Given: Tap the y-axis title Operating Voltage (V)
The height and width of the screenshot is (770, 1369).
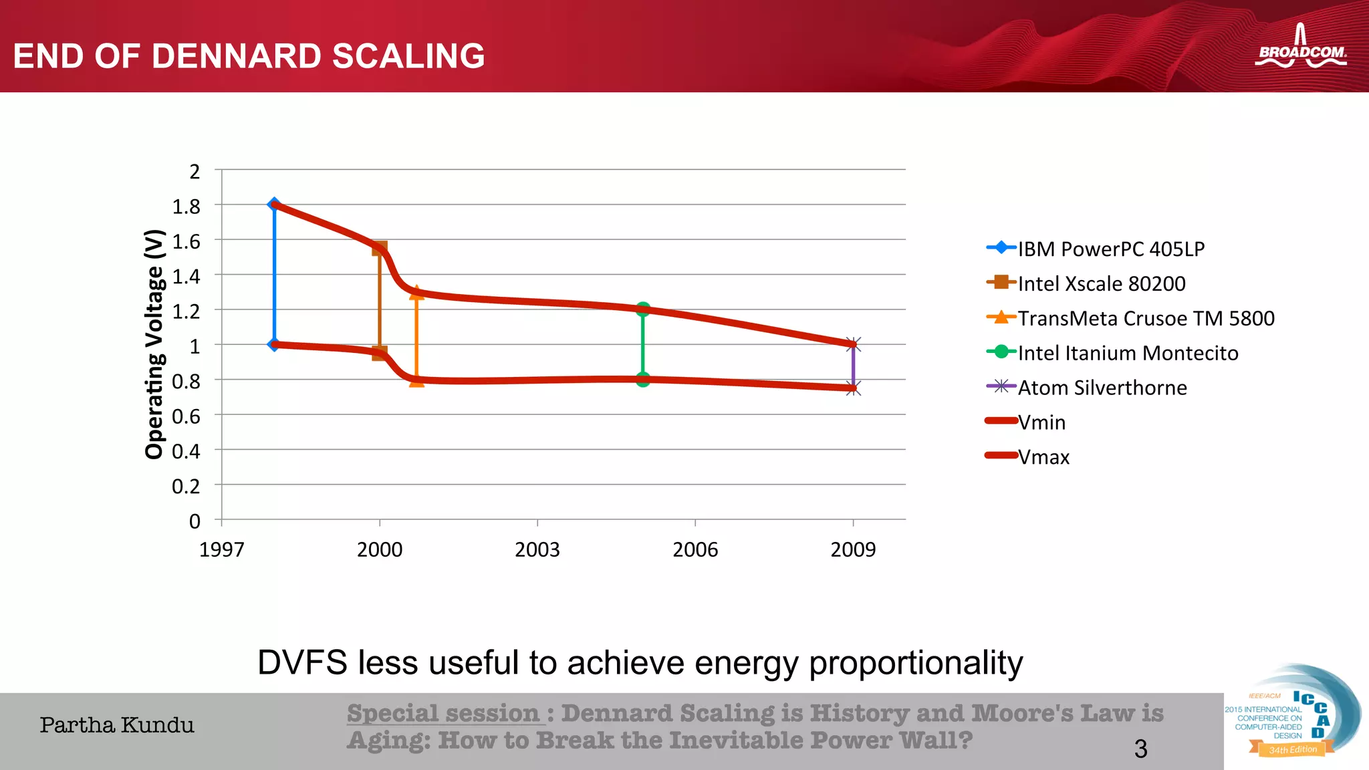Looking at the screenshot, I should (x=154, y=344).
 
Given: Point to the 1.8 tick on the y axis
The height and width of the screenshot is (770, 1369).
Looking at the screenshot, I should (x=186, y=207).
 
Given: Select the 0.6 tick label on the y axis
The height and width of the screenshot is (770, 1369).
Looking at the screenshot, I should (x=186, y=416).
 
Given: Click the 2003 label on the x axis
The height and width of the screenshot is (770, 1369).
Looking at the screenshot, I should (x=537, y=549).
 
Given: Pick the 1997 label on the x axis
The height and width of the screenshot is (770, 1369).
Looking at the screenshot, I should (x=222, y=549).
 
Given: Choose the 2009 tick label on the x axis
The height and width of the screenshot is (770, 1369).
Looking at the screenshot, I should (x=852, y=549).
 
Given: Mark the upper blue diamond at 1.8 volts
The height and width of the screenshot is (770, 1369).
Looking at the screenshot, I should (x=274, y=204).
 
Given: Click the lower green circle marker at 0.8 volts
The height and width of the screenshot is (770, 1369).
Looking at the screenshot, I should (x=643, y=380).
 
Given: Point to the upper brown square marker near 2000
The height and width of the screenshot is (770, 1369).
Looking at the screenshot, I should (x=379, y=249).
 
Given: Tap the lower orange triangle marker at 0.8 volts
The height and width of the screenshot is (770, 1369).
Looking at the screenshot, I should (x=416, y=380).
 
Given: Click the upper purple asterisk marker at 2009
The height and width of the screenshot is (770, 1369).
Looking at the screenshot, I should (x=853, y=344).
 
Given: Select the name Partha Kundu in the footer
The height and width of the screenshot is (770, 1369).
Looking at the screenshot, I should (x=117, y=725).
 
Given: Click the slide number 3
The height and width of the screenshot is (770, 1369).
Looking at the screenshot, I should (x=1140, y=749).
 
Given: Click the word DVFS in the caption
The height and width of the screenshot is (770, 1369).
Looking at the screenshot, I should (x=302, y=662).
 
